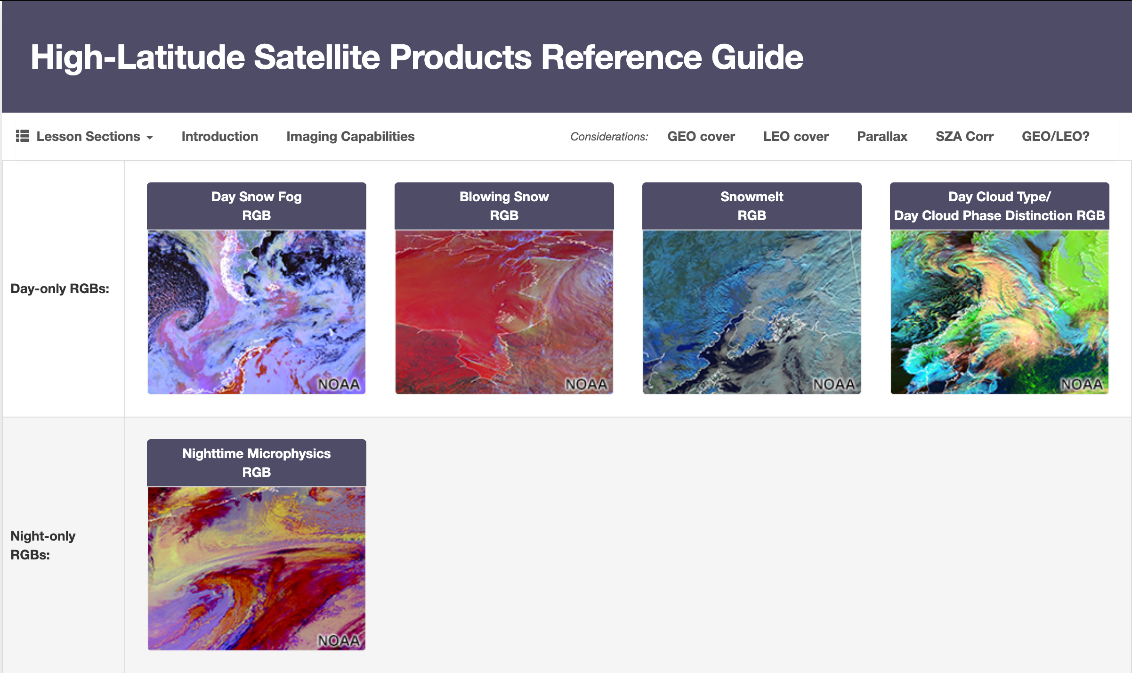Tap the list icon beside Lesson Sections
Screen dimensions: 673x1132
(x=22, y=136)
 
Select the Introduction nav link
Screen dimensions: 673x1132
(x=220, y=137)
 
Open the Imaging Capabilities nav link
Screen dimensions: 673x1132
(x=350, y=137)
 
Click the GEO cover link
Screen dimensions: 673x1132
(x=701, y=137)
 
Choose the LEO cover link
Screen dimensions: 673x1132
(x=796, y=137)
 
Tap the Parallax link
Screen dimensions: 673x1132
(x=882, y=137)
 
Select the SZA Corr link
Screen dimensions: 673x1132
(x=964, y=137)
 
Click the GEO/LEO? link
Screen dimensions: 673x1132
(x=1055, y=137)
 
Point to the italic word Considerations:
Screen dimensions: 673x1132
(x=609, y=137)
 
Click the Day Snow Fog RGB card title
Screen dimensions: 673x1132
(x=257, y=206)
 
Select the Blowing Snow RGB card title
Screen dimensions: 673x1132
(x=504, y=206)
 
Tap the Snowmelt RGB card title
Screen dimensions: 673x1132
(x=752, y=206)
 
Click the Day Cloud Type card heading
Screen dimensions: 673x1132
(x=999, y=206)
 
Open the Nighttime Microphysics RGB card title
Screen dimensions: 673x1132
(x=257, y=463)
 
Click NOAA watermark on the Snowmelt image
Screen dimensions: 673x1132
(x=834, y=385)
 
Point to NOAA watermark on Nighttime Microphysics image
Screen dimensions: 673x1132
(x=339, y=641)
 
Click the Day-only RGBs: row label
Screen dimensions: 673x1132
(x=60, y=288)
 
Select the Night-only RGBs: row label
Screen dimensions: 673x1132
(x=43, y=545)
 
